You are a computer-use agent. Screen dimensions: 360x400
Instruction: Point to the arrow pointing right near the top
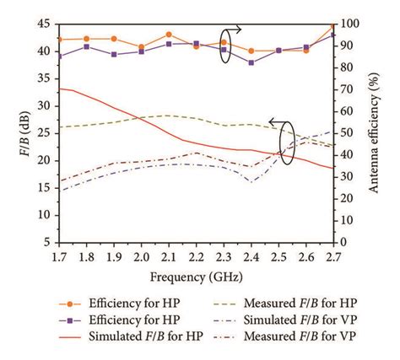[234, 29]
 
